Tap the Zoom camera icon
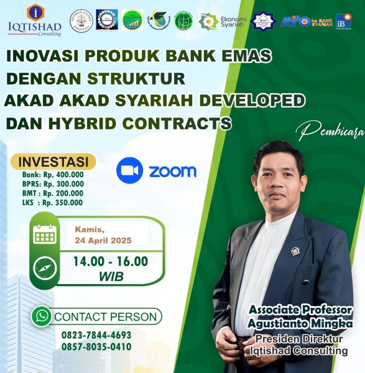tap(130, 170)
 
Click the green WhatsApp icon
tap(42, 316)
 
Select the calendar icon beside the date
tap(44, 234)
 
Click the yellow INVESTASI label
tap(52, 162)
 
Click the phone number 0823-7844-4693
tap(96, 334)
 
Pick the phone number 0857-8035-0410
tap(96, 346)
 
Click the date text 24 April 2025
tap(103, 240)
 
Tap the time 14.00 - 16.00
tap(111, 262)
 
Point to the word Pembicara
tap(330, 131)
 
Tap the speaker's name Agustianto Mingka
tap(300, 323)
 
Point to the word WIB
tap(111, 275)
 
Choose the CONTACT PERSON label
tap(106, 317)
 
